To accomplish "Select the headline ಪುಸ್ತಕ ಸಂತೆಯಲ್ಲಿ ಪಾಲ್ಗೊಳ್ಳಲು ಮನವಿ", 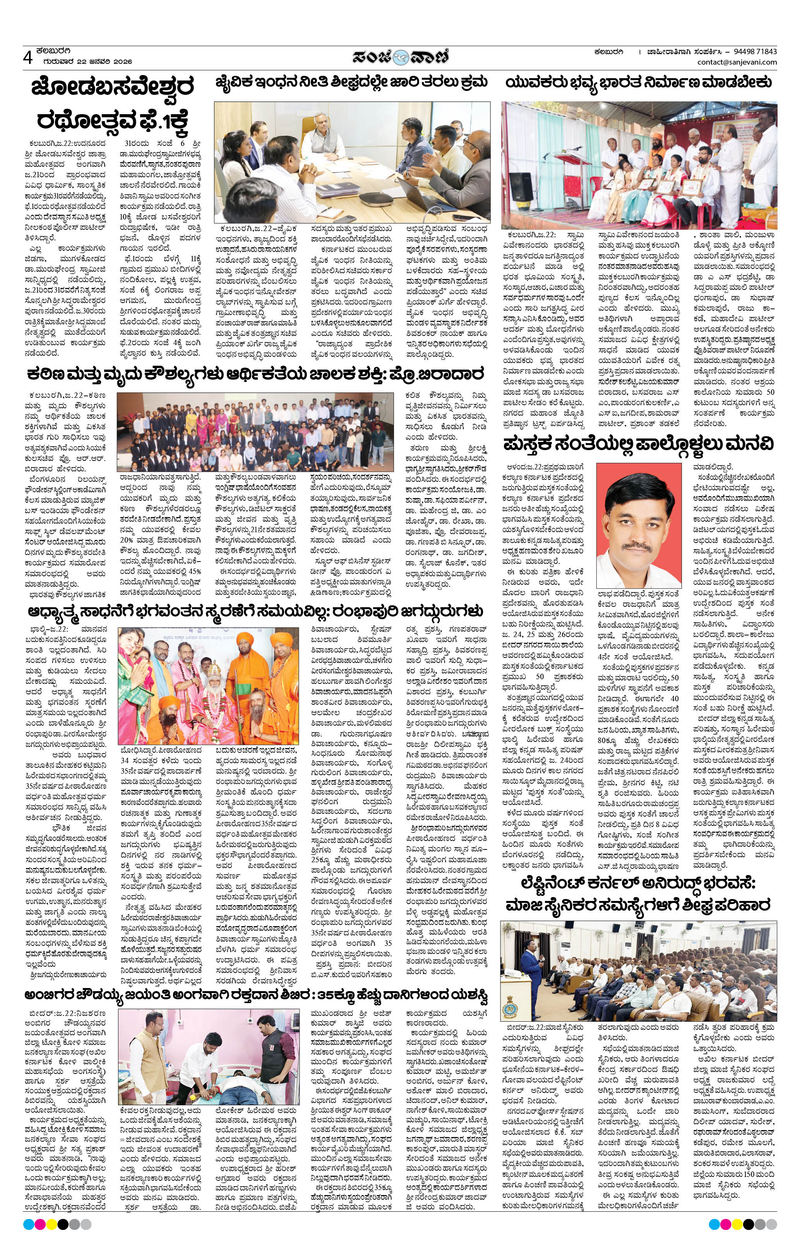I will click(x=639, y=445).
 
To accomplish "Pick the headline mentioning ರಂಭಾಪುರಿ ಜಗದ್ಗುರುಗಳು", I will click(x=256, y=611).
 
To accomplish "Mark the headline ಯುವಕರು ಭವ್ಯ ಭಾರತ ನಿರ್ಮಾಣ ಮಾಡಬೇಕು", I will click(x=639, y=82).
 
